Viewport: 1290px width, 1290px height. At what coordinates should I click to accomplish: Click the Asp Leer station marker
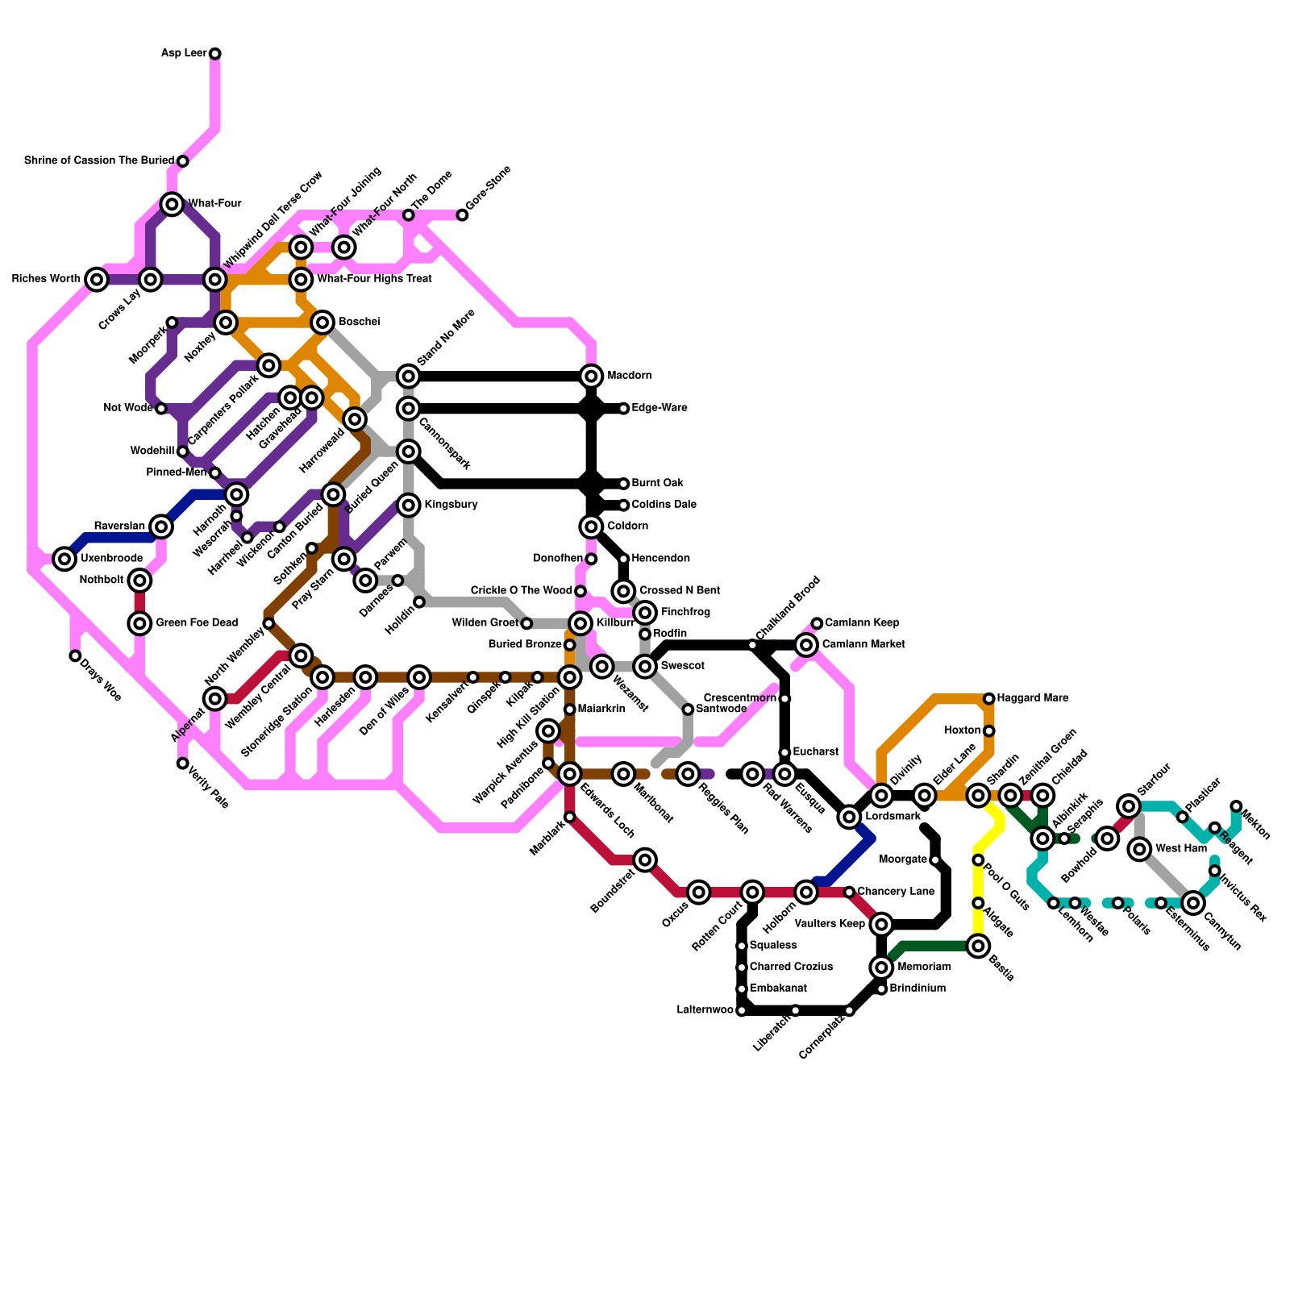(x=215, y=54)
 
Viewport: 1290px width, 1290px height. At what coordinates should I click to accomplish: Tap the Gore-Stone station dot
(x=462, y=215)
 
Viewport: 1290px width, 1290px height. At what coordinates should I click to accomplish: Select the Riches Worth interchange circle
(x=97, y=280)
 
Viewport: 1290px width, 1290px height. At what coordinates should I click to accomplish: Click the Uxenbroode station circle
(x=64, y=559)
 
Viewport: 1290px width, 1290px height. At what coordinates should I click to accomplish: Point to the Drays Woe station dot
(x=75, y=656)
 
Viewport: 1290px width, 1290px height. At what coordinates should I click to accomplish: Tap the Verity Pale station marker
(x=183, y=764)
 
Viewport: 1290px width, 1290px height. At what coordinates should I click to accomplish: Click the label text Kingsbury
(x=451, y=505)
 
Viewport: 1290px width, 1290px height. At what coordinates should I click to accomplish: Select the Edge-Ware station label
(x=659, y=408)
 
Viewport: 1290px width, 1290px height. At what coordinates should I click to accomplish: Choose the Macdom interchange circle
(x=591, y=376)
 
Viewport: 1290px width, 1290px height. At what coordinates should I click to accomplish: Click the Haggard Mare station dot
(x=989, y=698)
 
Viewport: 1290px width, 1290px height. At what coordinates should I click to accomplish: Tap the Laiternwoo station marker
(x=742, y=1011)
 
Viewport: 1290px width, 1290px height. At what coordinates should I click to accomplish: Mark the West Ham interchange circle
(x=1139, y=849)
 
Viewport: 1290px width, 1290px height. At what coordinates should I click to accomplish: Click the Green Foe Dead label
(x=196, y=622)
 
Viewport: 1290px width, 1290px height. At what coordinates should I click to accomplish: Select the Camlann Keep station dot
(x=817, y=623)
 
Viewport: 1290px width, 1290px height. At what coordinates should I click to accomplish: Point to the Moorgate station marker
(x=935, y=860)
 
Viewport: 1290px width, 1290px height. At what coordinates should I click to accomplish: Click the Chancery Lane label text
(x=895, y=892)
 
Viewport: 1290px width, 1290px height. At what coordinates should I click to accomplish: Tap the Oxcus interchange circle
(x=699, y=893)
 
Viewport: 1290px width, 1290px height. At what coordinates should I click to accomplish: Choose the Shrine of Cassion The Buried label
(x=98, y=160)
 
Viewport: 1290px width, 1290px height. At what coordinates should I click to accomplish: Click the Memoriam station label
(x=923, y=967)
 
